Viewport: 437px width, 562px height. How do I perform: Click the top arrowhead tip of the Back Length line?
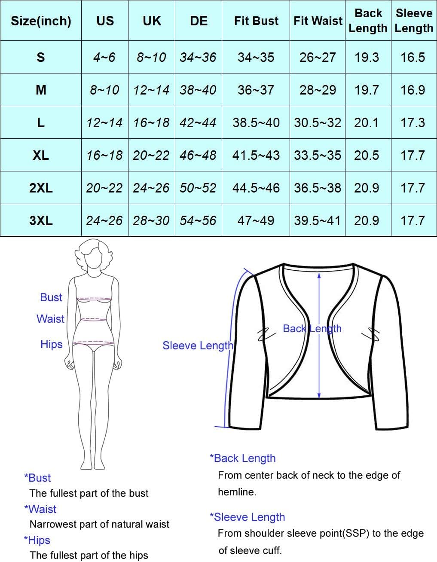point(319,273)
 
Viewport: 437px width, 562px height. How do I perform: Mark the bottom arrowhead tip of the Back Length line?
point(319,398)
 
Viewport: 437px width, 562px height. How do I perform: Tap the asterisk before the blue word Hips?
point(26,538)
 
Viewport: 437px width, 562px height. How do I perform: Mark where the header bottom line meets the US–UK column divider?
point(128,40)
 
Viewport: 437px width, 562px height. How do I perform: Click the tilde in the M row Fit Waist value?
point(318,90)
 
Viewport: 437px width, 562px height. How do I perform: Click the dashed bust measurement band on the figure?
point(94,299)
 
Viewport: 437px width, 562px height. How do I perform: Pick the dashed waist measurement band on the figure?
point(93,320)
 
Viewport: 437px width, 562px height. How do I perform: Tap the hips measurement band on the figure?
point(93,343)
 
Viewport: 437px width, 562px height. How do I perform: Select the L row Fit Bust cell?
point(256,122)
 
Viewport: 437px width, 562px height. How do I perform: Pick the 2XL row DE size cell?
point(199,188)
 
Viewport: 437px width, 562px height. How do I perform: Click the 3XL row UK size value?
point(151,220)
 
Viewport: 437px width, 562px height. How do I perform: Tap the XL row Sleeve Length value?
point(413,155)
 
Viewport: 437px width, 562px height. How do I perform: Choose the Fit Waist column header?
point(318,21)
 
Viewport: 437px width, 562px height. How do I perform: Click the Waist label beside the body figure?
point(50,319)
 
